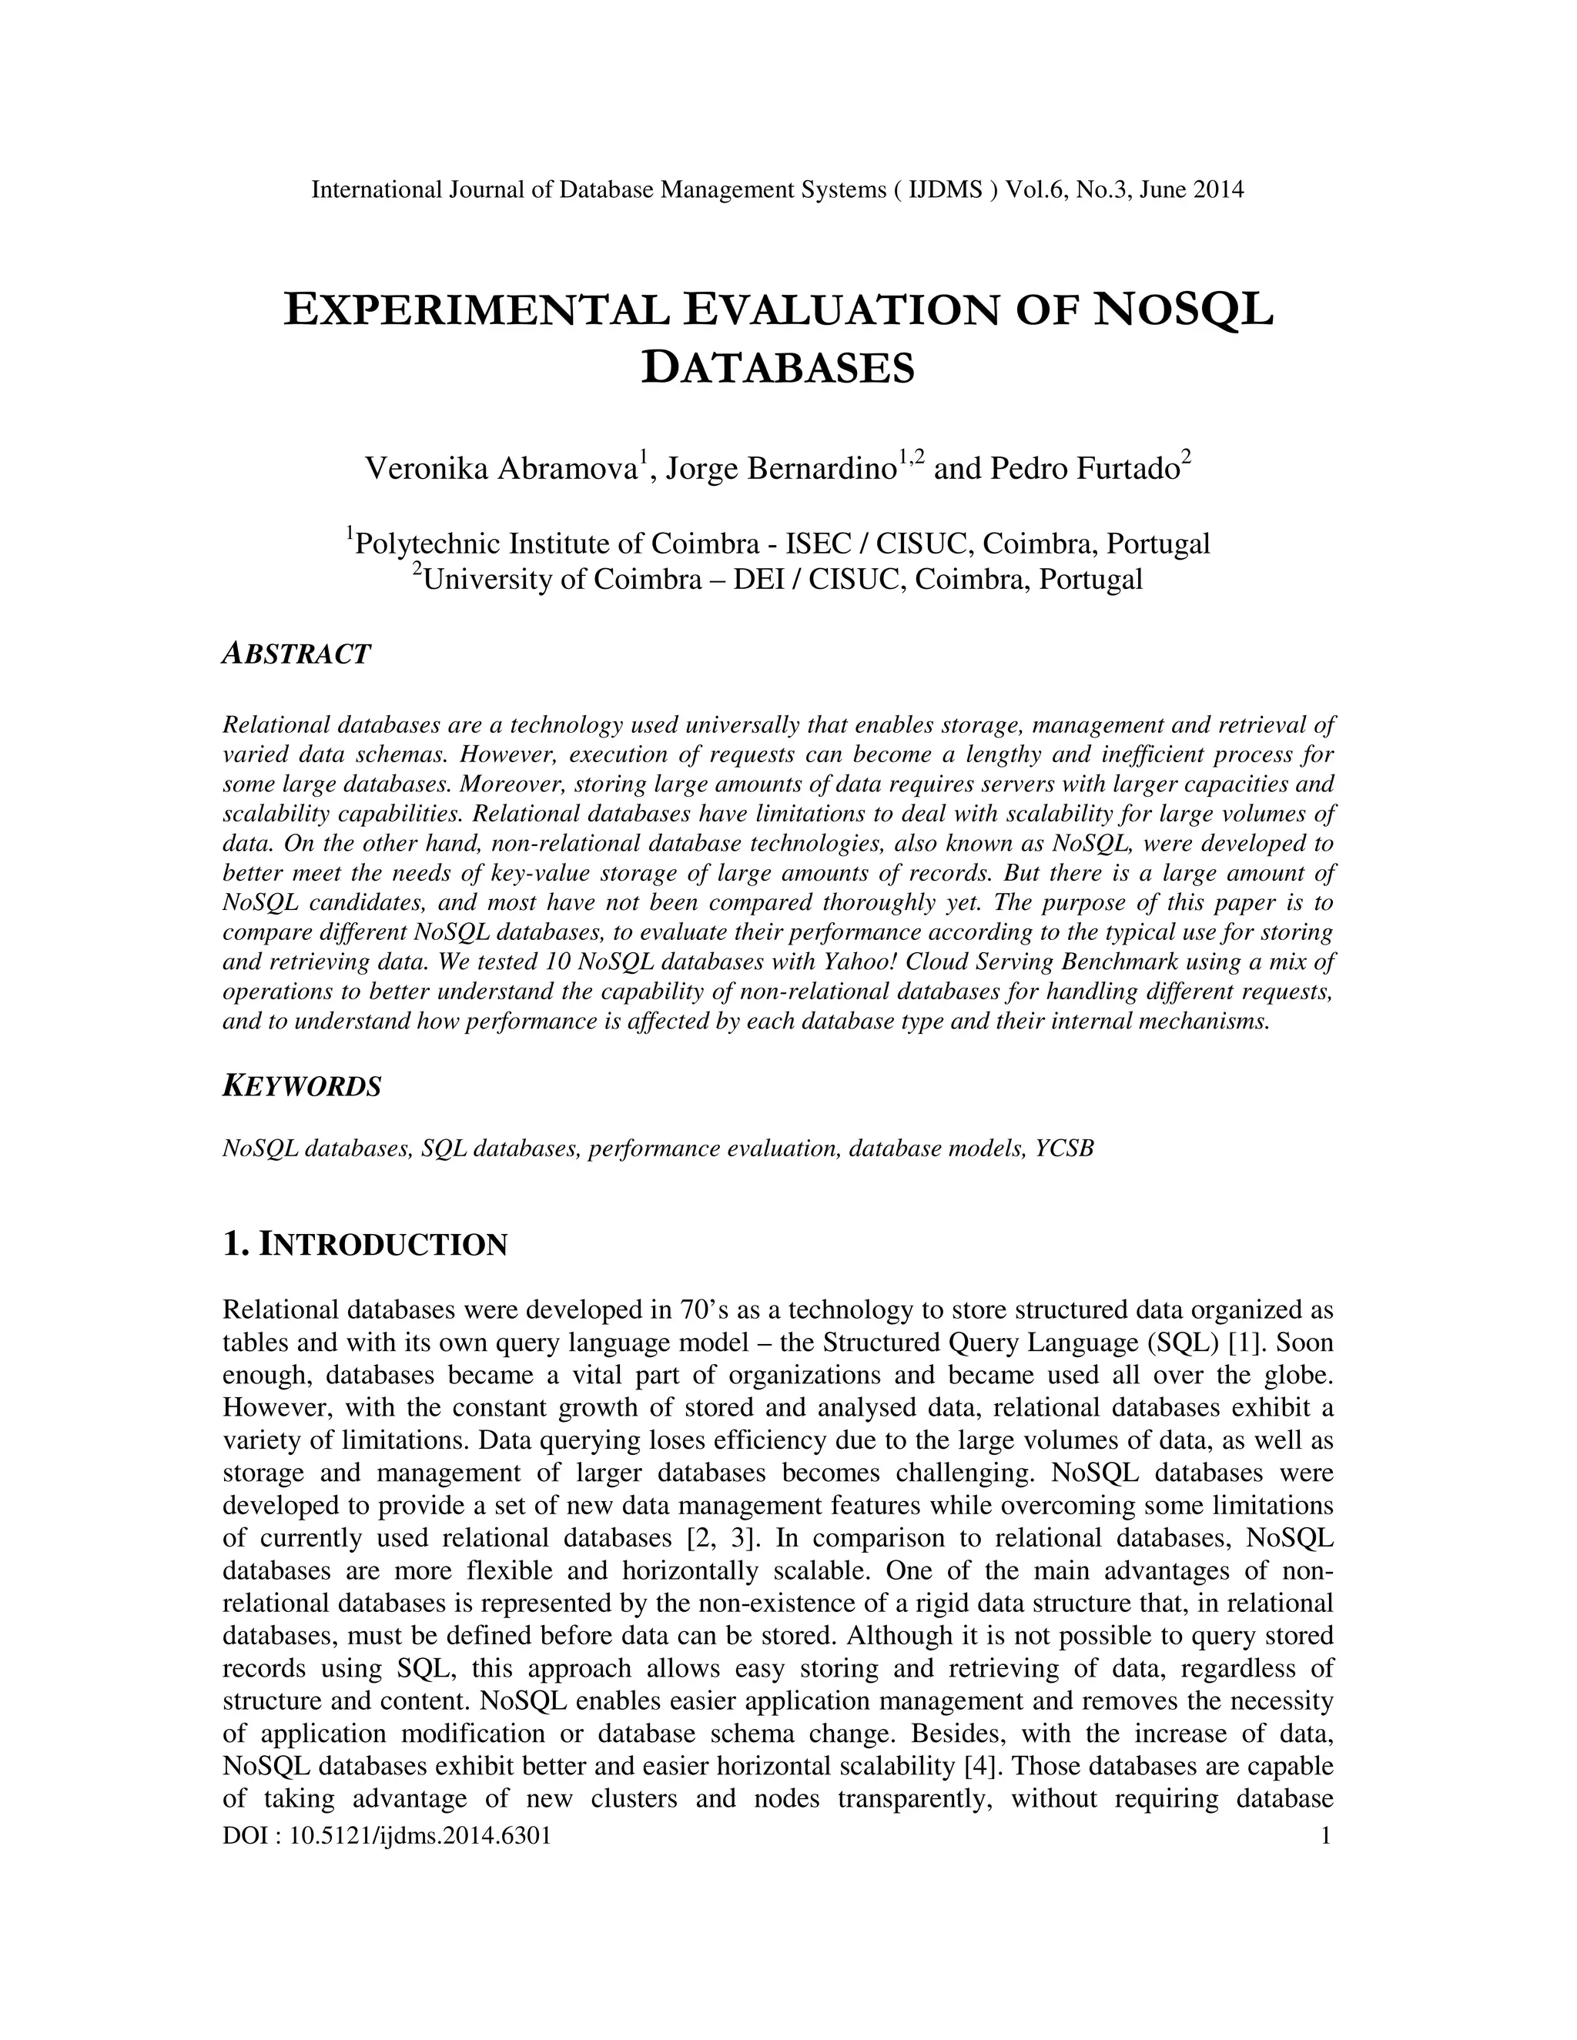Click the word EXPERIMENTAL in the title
point(477,310)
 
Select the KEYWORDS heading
point(302,1086)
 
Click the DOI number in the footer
point(420,1835)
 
